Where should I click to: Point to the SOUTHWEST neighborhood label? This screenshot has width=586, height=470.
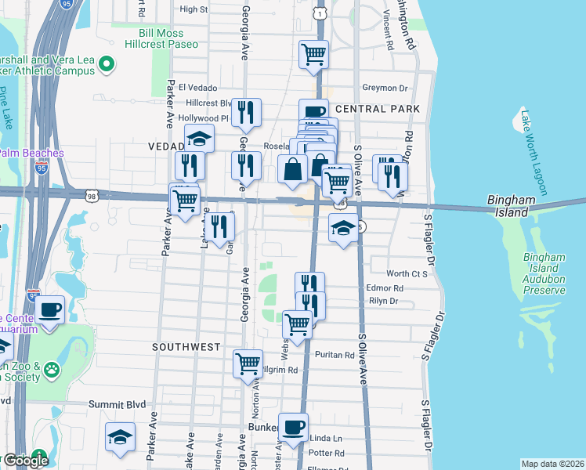pyautogui.click(x=186, y=346)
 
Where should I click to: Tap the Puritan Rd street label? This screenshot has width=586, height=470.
pyautogui.click(x=335, y=355)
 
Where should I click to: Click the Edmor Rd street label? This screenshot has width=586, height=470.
pyautogui.click(x=385, y=288)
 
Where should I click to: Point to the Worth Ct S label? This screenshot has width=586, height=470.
pyautogui.click(x=407, y=273)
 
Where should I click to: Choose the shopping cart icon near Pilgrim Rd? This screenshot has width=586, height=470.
pyautogui.click(x=248, y=363)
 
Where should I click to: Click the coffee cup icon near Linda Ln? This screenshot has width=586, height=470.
pyautogui.click(x=294, y=427)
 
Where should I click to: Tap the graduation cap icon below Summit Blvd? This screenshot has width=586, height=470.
pyautogui.click(x=121, y=436)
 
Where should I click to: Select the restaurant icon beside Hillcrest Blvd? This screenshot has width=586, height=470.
pyautogui.click(x=247, y=113)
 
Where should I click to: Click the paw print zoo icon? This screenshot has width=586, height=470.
pyautogui.click(x=52, y=368)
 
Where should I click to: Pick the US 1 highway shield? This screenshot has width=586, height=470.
pyautogui.click(x=320, y=14)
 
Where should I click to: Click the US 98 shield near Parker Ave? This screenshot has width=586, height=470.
pyautogui.click(x=92, y=197)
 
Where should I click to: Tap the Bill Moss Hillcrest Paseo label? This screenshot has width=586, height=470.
pyautogui.click(x=150, y=39)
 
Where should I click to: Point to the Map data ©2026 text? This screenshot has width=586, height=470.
pyautogui.click(x=552, y=464)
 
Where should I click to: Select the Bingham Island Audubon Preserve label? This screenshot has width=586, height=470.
pyautogui.click(x=544, y=273)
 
